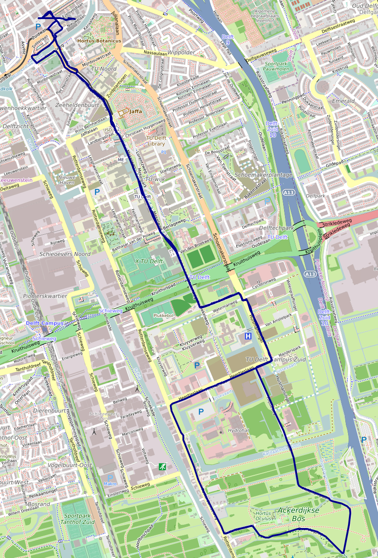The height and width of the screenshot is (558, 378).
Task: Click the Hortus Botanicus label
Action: click(99, 41)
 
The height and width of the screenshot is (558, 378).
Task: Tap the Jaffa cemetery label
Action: click(135, 111)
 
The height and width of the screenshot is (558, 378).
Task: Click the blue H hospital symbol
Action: click(248, 336)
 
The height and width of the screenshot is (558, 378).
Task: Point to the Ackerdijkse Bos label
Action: click(298, 514)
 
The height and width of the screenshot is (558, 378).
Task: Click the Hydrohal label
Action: click(238, 430)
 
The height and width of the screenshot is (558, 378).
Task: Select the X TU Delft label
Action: click(149, 262)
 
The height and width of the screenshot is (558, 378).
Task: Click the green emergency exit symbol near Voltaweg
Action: click(162, 466)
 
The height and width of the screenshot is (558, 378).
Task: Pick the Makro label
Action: click(110, 484)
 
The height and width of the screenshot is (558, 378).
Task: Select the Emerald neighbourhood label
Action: click(344, 101)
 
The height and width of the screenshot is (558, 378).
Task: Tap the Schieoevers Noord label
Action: click(64, 254)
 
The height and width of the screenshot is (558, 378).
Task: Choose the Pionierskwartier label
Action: click(44, 296)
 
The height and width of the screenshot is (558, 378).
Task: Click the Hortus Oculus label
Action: click(264, 515)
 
